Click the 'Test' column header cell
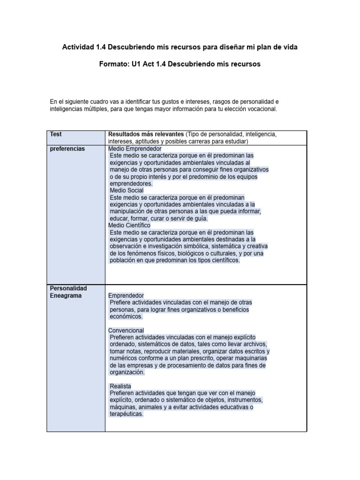(56, 134)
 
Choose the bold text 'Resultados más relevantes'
(146, 134)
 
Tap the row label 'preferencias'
(67, 149)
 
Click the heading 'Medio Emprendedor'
(135, 149)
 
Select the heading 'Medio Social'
(127, 190)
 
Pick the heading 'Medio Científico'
(130, 225)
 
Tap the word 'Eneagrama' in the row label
(66, 296)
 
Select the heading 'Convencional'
(126, 330)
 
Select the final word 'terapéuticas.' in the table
(127, 414)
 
